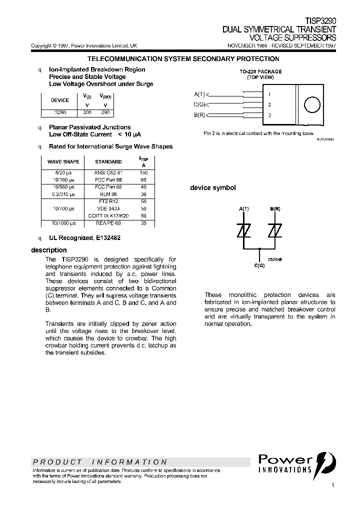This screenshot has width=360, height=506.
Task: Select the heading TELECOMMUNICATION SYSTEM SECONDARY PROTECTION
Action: [183, 59]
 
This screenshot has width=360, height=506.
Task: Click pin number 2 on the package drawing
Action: [269, 105]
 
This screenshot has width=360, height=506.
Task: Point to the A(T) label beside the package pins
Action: [199, 94]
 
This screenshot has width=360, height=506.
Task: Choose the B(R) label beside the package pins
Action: [199, 115]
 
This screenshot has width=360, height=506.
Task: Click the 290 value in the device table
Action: [105, 113]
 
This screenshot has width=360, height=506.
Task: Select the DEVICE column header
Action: [60, 100]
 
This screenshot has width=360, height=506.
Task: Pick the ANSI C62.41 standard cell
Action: [108, 172]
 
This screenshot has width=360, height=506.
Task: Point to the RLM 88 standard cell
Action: [108, 193]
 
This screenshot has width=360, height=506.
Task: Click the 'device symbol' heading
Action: [212, 188]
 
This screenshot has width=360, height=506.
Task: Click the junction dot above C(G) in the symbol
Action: [259, 248]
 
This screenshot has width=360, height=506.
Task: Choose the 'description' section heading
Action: [48, 250]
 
